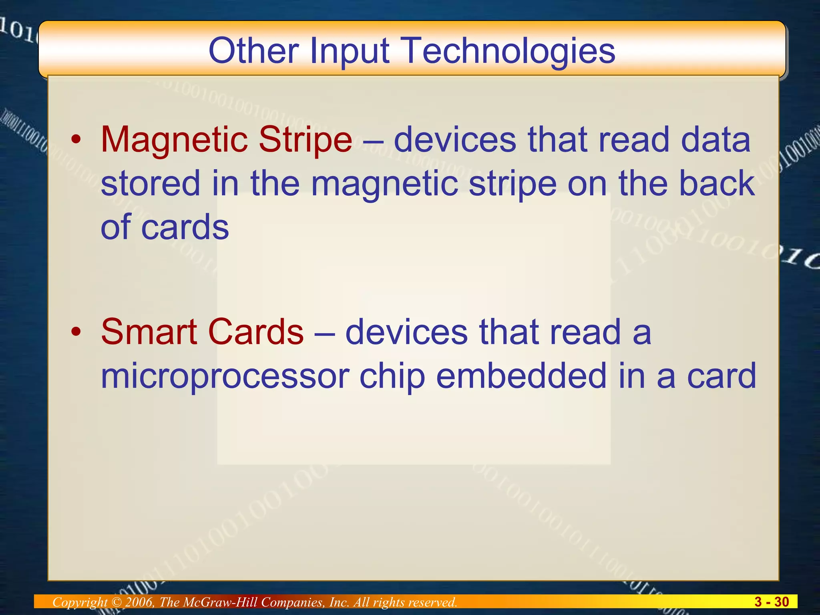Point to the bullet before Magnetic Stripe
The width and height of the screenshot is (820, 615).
pyautogui.click(x=76, y=140)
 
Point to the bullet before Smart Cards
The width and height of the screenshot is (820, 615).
pyautogui.click(x=76, y=332)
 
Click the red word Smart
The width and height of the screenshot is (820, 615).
pyautogui.click(x=149, y=332)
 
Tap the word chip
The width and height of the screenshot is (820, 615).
pyautogui.click(x=392, y=376)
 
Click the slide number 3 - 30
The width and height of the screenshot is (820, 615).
pyautogui.click(x=771, y=602)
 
